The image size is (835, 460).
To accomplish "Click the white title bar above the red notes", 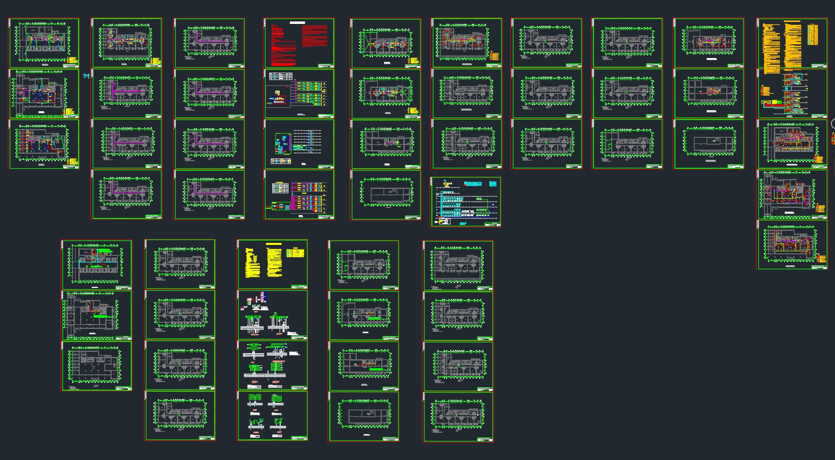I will point(297,22).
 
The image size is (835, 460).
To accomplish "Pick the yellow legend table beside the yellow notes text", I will point(293,253).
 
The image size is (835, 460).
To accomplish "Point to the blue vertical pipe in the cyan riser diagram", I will point(442,205).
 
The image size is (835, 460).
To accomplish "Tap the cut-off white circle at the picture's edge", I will point(833,124).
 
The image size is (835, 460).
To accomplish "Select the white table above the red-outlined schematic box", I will point(281,77).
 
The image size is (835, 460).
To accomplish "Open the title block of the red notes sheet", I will point(326,65).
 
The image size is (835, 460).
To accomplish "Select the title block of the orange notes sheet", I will point(819,66).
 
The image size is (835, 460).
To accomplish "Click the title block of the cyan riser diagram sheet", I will point(492,224).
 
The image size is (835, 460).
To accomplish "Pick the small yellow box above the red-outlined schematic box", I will point(277,92).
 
